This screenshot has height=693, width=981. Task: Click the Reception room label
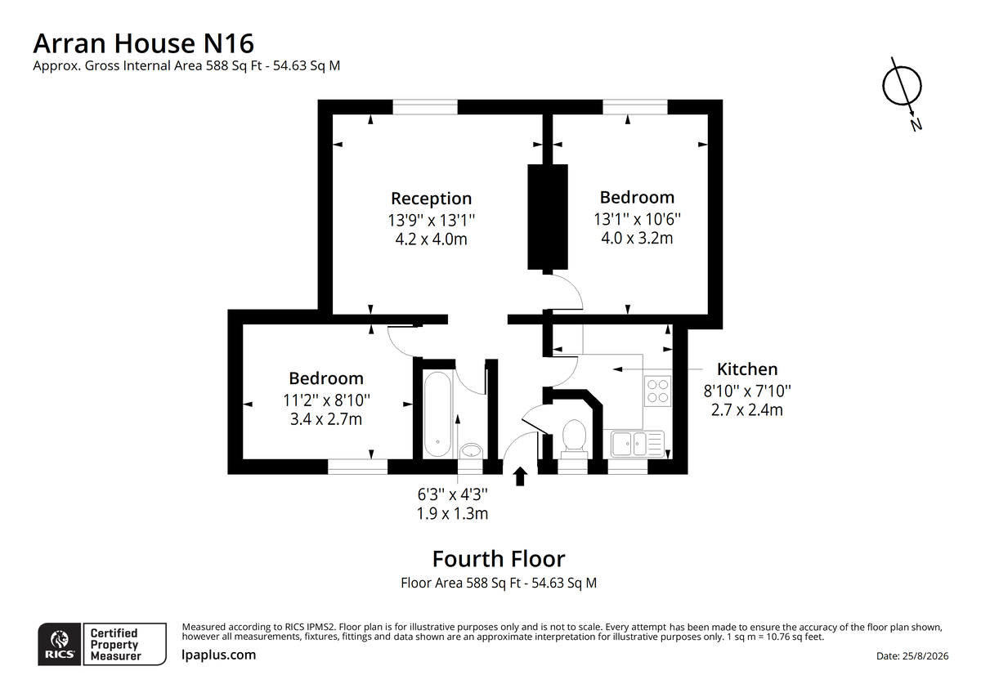coord(432,199)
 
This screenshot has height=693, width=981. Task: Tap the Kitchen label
coord(747,369)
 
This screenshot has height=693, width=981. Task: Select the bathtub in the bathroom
coord(437,414)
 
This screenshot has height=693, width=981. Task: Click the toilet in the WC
coord(574,439)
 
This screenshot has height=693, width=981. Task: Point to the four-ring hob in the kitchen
coord(657,391)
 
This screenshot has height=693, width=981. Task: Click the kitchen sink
coord(638,444)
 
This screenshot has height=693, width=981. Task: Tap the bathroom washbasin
coord(471,450)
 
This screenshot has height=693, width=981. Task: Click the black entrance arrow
coord(520,476)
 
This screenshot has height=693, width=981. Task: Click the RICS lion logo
coord(60,644)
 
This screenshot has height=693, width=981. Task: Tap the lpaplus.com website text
coord(218,655)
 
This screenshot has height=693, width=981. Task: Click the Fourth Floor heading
coord(499,559)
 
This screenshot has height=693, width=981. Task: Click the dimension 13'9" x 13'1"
coord(432,220)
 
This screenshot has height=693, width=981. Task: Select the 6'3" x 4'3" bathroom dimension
coord(452,494)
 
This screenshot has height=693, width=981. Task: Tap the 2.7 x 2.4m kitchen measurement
coord(746,409)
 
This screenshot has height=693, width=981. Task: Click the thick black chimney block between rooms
coord(548,217)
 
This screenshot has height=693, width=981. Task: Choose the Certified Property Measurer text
coord(115,645)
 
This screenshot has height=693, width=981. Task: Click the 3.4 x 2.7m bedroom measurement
coord(326,419)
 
